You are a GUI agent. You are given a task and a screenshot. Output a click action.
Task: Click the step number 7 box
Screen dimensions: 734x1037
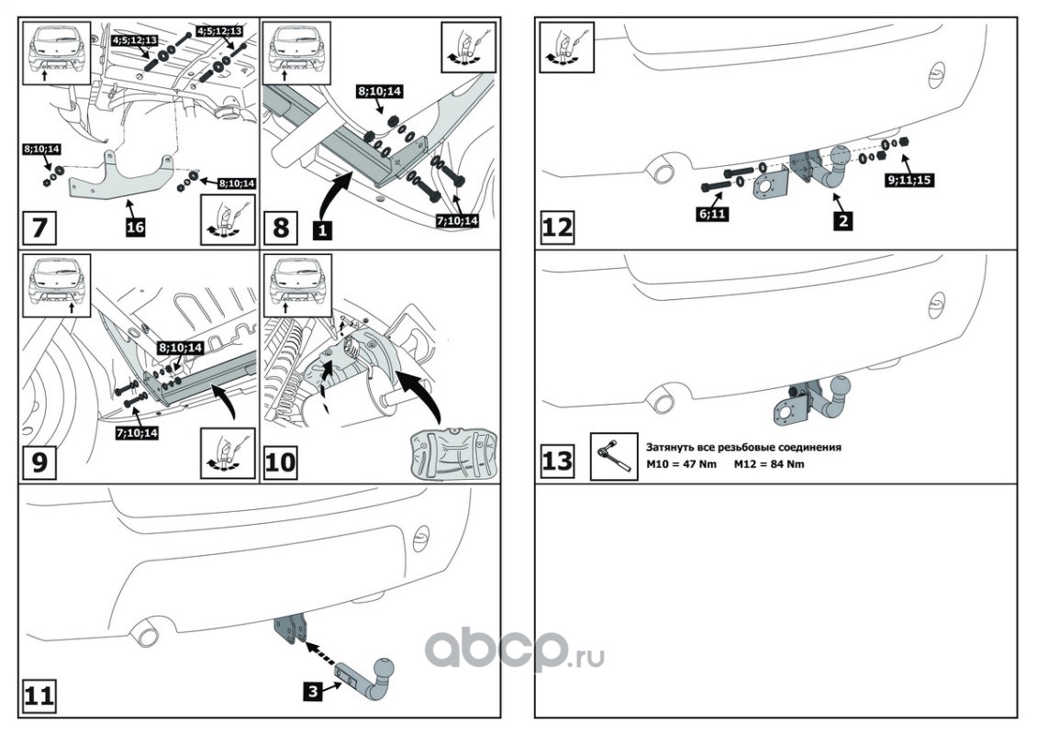(x=39, y=226)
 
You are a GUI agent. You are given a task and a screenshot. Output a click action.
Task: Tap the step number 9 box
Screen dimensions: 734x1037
(x=39, y=462)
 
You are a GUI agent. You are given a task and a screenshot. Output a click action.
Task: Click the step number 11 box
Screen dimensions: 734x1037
(x=39, y=696)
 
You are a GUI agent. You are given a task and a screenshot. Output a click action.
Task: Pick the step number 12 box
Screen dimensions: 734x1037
(x=557, y=226)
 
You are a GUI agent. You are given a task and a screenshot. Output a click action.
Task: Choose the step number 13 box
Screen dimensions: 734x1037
(x=557, y=461)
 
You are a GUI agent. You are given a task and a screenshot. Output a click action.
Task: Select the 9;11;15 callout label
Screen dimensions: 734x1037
(x=909, y=180)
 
